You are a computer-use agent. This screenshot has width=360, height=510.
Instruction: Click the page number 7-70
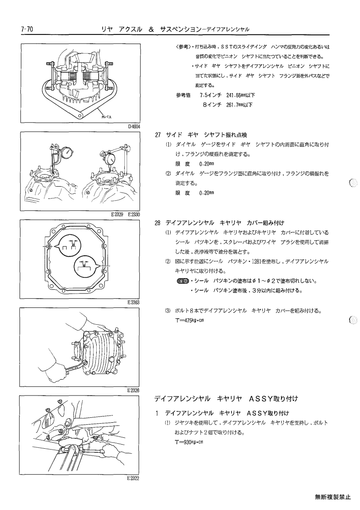[27, 29]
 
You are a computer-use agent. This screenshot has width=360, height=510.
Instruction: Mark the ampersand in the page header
[151, 30]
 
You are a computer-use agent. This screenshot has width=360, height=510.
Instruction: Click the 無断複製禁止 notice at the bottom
[333, 497]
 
